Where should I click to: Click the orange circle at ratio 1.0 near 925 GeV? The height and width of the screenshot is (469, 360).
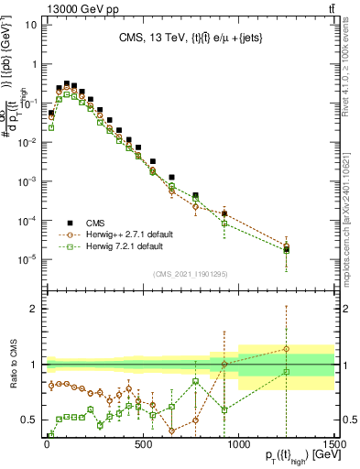click(224, 365)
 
